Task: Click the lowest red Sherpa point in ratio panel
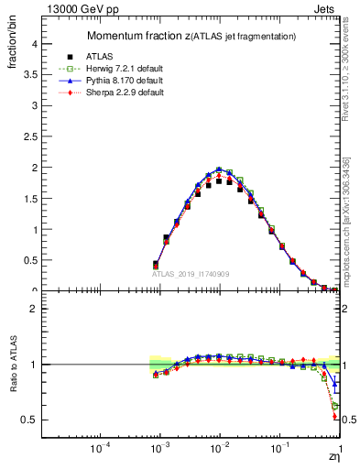[335, 417]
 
